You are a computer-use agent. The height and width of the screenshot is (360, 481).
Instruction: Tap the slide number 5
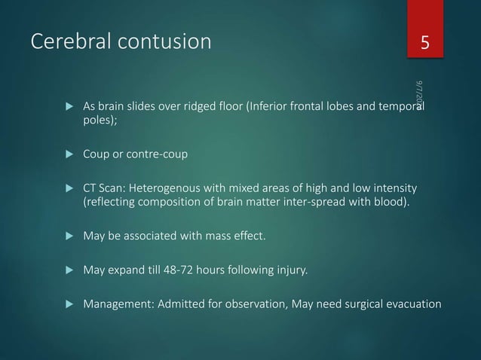pos(425,42)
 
